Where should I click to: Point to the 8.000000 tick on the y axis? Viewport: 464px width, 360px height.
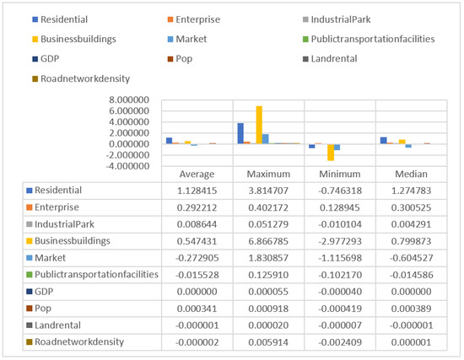pyautogui.click(x=130, y=99)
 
